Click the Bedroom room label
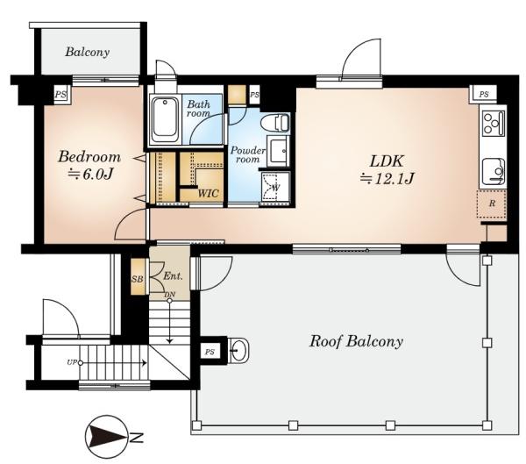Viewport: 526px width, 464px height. point(89,157)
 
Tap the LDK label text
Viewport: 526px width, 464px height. point(387,161)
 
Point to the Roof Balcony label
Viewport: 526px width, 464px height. point(356,341)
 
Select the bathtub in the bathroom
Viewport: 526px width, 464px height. point(165,120)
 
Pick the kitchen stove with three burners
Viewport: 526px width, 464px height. point(493,123)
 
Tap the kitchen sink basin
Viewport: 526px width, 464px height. point(493,171)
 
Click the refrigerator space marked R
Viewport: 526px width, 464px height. point(492,203)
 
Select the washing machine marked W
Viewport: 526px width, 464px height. point(275,188)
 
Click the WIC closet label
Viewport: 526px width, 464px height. point(208,194)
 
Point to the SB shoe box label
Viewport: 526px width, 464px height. point(137,279)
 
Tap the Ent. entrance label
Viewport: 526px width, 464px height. point(173,276)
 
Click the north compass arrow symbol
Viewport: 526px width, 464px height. point(107,437)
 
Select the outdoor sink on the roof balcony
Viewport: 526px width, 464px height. point(238,350)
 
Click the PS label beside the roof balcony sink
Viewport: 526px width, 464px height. point(210,353)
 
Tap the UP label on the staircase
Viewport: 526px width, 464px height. point(72,362)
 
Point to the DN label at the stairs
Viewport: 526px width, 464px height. point(170,295)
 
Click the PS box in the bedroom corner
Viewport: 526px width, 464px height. point(60,95)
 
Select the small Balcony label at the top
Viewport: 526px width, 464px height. point(87,52)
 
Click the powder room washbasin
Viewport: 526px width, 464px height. point(279,149)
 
